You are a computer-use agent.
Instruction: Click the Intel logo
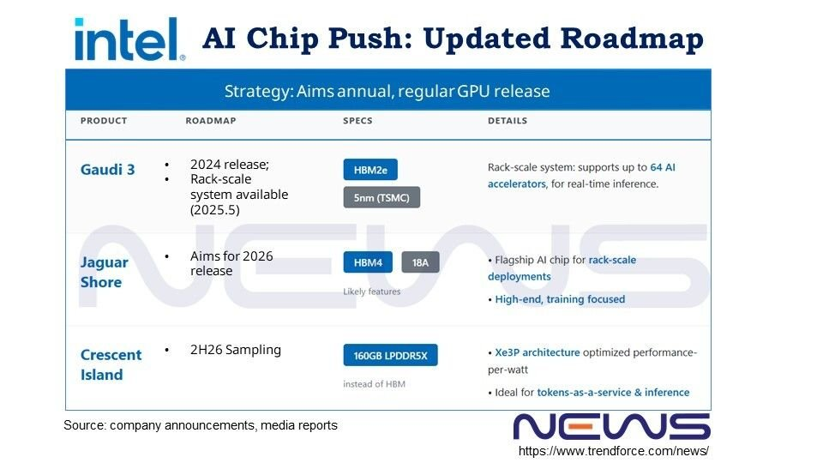coord(129,39)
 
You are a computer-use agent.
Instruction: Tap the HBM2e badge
coord(370,170)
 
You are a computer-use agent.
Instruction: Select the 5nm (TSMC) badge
coord(381,197)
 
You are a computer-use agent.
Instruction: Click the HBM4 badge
coord(368,262)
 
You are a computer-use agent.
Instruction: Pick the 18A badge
coord(420,262)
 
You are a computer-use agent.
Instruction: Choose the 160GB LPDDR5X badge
coord(391,355)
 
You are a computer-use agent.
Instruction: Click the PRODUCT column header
coord(104,121)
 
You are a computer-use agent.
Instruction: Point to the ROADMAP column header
coord(211,121)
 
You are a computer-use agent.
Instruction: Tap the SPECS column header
coord(358,121)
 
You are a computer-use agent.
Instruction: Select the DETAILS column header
coord(508,121)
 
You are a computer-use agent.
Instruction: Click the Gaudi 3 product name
coord(108,170)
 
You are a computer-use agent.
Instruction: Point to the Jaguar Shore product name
coord(105,272)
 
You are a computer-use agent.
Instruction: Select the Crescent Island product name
coord(111,364)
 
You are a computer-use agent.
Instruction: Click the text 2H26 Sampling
coord(236,350)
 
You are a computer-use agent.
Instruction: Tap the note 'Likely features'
coord(371,292)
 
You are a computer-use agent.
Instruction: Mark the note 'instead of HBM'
coord(375,384)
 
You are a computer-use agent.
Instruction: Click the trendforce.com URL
coord(614,451)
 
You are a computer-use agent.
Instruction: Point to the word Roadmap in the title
coord(632,39)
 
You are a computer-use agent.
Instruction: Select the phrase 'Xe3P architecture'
coord(538,352)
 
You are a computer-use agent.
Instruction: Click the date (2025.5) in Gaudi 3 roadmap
coord(215,210)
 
